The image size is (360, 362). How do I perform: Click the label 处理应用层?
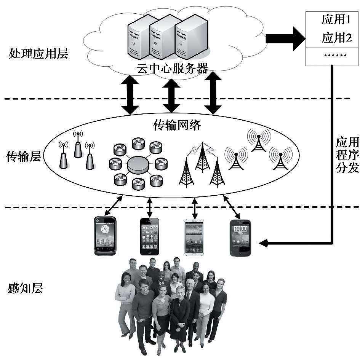click(38, 54)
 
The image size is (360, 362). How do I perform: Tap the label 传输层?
click(24, 156)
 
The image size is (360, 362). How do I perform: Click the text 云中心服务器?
click(172, 69)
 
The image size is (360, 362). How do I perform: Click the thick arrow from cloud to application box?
click(285, 38)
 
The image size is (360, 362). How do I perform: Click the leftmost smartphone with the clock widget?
click(105, 235)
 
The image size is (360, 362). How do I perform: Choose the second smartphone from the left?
click(150, 236)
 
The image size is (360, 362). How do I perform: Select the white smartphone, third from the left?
click(194, 237)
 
